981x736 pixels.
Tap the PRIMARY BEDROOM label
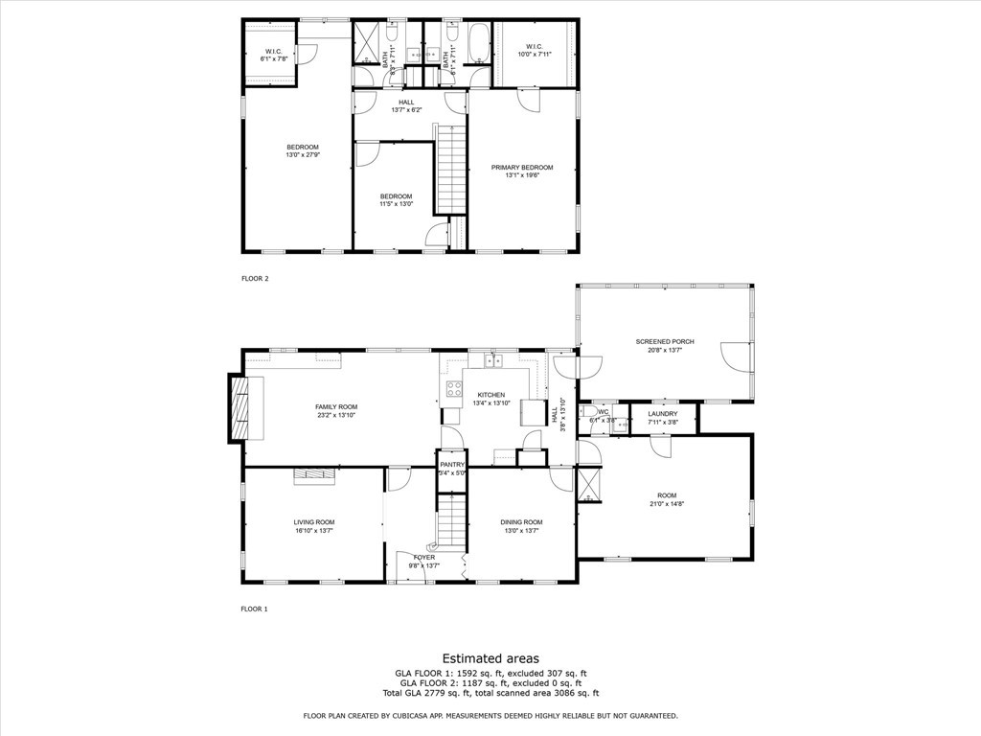pyautogui.click(x=522, y=168)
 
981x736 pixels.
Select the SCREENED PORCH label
pyautogui.click(x=664, y=342)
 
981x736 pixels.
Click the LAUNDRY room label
pyautogui.click(x=662, y=414)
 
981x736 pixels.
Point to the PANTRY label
pyautogui.click(x=452, y=465)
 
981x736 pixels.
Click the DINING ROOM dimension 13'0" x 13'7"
pyautogui.click(x=522, y=530)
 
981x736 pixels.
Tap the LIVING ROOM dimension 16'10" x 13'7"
pyautogui.click(x=313, y=530)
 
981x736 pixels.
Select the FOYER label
pyautogui.click(x=424, y=557)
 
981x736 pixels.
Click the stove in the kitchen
pyautogui.click(x=453, y=388)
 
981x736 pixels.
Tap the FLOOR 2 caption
pyautogui.click(x=255, y=279)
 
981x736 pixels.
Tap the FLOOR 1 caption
pyautogui.click(x=255, y=609)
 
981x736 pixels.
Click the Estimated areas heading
pyautogui.click(x=490, y=658)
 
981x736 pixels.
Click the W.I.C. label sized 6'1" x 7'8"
pyautogui.click(x=274, y=51)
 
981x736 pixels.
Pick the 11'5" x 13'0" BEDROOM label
pyautogui.click(x=396, y=196)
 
